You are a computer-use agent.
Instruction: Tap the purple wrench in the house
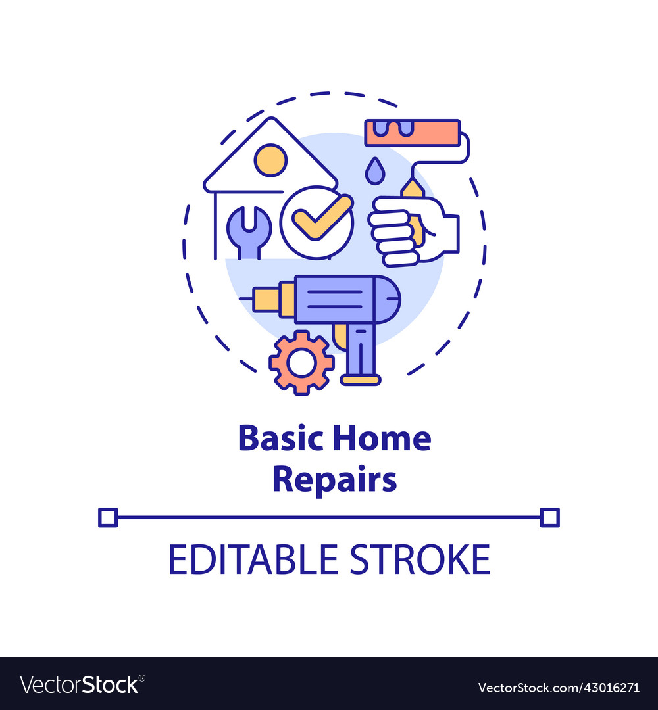pyautogui.click(x=248, y=230)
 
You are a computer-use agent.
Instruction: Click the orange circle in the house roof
pyautogui.click(x=271, y=160)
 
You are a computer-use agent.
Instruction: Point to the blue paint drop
pyautogui.click(x=374, y=172)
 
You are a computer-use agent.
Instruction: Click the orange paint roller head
pyautogui.click(x=413, y=132)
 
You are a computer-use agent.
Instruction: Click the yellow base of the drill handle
pyautogui.click(x=360, y=379)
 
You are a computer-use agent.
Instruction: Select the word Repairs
pyautogui.click(x=334, y=481)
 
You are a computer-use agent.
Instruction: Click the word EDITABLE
pyautogui.click(x=253, y=560)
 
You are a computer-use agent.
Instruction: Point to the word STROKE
pyautogui.click(x=420, y=560)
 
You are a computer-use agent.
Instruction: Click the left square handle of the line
pyautogui.click(x=107, y=517)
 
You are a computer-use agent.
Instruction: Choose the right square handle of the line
pyautogui.click(x=549, y=517)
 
